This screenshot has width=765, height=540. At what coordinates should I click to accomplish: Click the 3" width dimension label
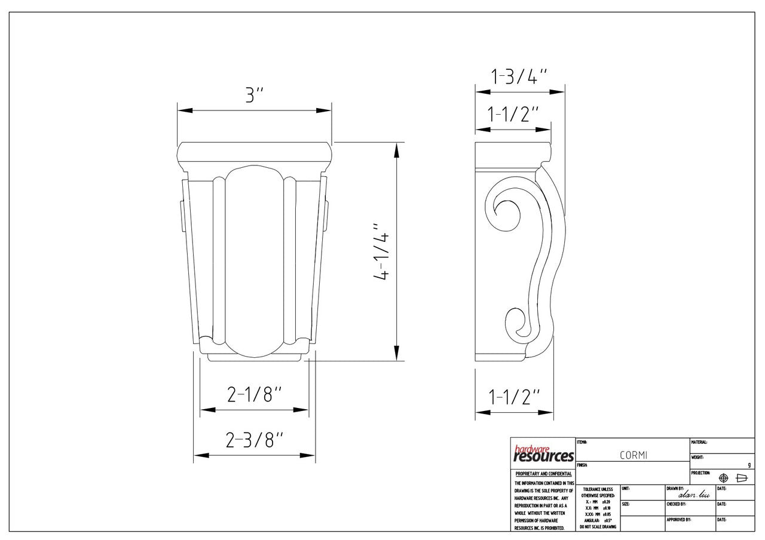tap(254, 95)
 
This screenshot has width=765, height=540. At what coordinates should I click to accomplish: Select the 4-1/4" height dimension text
tap(381, 252)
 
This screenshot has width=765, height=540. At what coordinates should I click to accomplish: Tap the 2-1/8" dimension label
tap(254, 394)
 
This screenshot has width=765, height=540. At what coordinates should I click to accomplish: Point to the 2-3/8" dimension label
tap(254, 440)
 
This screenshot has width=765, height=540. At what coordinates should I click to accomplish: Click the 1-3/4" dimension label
tap(519, 76)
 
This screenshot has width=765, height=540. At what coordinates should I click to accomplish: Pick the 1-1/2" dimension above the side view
tap(513, 114)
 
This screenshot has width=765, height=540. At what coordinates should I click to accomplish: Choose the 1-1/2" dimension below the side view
tap(513, 397)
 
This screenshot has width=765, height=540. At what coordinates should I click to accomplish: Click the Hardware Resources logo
tap(543, 455)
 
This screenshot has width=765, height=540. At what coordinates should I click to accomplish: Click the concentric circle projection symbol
tap(723, 478)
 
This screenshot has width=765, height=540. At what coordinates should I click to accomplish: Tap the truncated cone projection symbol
tap(742, 478)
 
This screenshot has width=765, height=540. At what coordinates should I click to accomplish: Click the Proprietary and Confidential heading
tap(543, 474)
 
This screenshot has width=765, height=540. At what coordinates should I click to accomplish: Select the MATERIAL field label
tap(699, 443)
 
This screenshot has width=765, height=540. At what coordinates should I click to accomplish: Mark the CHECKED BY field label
tap(676, 504)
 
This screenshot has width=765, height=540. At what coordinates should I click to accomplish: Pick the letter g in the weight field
tap(749, 465)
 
